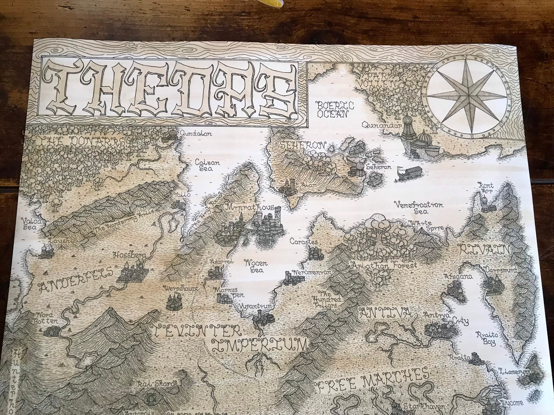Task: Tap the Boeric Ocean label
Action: (x=335, y=109)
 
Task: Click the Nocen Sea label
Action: (x=256, y=267)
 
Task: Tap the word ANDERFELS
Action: (x=75, y=279)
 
